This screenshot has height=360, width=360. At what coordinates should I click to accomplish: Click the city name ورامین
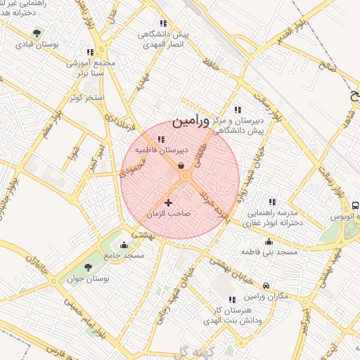(190, 121)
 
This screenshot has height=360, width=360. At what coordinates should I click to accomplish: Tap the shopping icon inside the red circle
(182, 166)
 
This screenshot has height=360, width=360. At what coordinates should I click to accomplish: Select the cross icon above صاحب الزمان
(168, 202)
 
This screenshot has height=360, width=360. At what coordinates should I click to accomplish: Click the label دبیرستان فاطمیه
(161, 150)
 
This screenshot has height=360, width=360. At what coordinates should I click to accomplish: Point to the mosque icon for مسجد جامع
(124, 245)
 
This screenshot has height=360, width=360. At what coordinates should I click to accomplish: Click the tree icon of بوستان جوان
(88, 267)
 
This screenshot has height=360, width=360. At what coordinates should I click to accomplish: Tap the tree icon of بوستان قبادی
(37, 33)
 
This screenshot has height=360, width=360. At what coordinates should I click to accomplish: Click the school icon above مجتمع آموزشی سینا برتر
(89, 52)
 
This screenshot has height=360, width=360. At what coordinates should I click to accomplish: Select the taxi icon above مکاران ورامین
(266, 285)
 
